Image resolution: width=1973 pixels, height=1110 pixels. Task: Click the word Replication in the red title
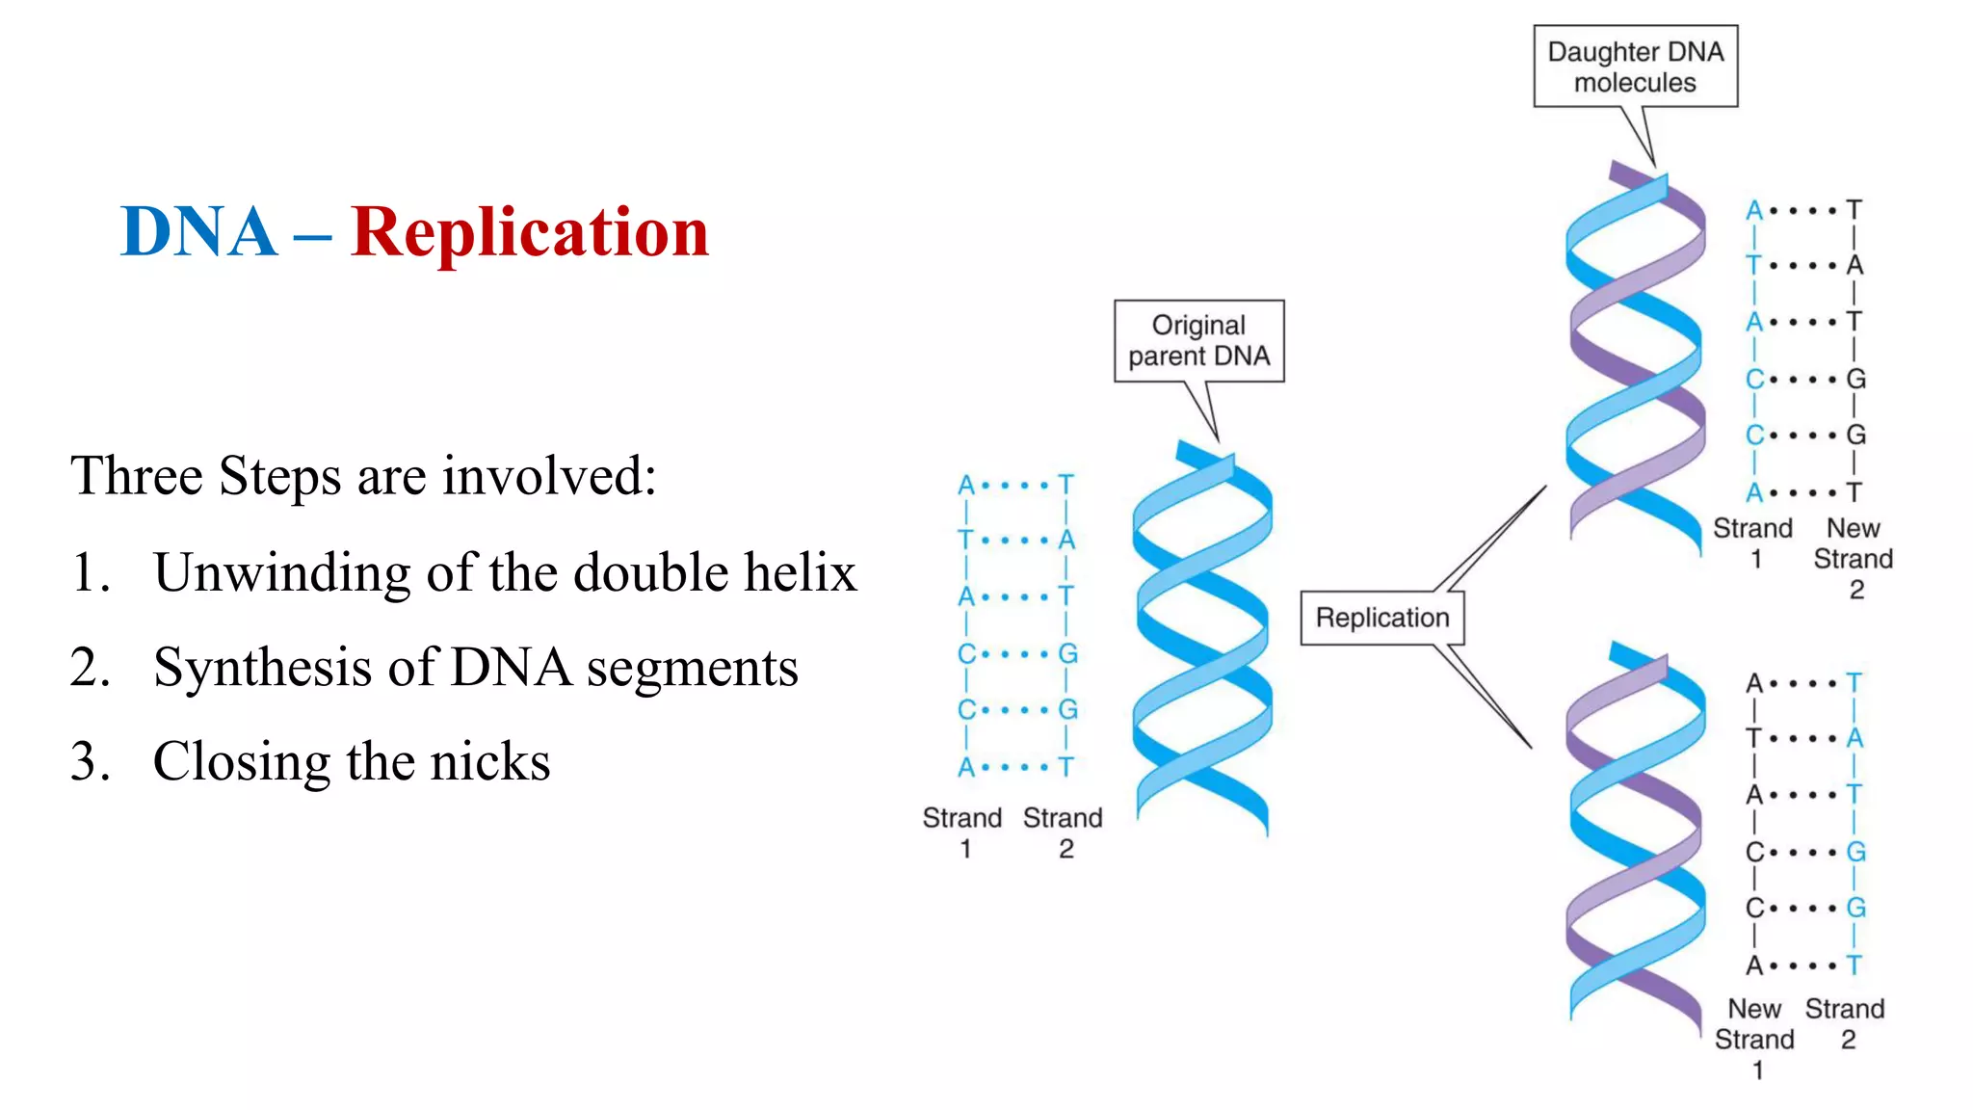530,232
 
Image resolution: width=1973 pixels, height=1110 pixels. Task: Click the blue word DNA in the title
198,232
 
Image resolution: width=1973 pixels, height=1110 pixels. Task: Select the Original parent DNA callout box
1198,341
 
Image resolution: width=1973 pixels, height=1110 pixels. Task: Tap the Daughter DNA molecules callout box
1635,66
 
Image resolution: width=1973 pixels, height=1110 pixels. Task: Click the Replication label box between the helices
1381,618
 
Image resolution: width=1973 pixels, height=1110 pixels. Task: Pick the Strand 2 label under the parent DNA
1063,832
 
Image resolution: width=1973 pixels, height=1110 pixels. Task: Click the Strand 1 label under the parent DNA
962,832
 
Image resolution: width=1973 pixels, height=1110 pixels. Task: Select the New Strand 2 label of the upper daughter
1853,558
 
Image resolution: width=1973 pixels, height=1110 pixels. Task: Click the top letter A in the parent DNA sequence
966,485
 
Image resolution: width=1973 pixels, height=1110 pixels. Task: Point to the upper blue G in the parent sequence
1067,653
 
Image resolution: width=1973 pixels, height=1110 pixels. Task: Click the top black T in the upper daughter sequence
1854,210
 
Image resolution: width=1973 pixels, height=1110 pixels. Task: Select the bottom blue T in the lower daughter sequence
1854,965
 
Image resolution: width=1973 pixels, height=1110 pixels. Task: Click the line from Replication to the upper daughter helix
1493,536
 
